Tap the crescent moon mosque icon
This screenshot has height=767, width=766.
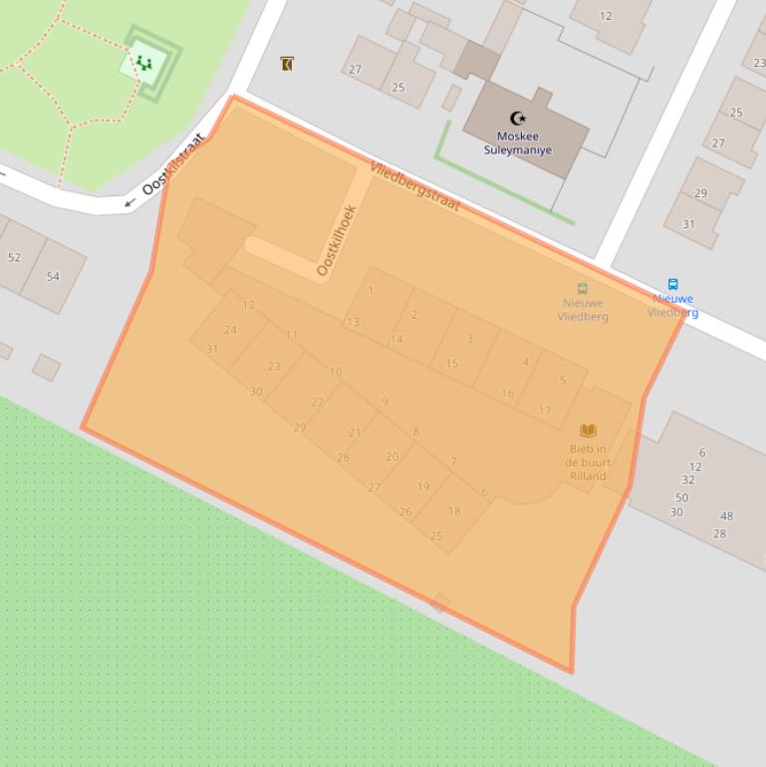518,120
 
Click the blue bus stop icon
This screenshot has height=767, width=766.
673,284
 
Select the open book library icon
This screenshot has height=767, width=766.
589,430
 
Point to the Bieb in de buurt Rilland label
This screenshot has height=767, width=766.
588,462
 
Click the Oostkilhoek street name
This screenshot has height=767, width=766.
336,240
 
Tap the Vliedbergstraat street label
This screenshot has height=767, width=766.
414,185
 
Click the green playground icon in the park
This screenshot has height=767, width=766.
144,63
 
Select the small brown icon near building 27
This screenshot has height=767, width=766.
287,64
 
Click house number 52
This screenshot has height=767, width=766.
14,257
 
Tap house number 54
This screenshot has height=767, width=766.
53,276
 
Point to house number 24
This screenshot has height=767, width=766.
230,330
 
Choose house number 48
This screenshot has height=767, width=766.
726,516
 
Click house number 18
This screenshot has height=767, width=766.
454,511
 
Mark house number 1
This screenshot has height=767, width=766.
371,291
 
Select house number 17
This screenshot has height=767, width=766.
545,410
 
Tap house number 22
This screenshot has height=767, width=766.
318,402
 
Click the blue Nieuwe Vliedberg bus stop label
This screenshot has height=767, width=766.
673,305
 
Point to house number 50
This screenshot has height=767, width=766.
681,497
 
